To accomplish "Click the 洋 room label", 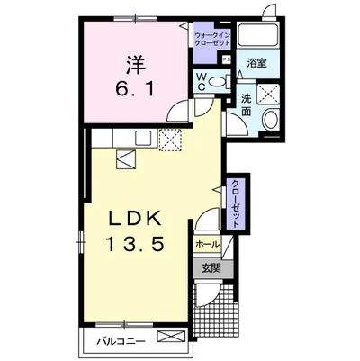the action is [136, 64].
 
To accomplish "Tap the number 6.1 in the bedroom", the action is [136, 88].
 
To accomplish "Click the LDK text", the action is [135, 221].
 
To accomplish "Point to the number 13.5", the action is [135, 243].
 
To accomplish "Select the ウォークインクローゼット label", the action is [211, 39].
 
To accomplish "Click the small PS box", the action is [226, 59].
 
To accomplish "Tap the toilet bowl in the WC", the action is [217, 81].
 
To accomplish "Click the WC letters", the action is [201, 81].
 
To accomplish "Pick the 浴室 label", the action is [257, 63].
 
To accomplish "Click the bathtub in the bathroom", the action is [258, 34].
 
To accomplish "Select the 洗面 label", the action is [247, 104].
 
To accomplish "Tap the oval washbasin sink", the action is [271, 120].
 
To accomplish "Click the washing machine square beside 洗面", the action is [268, 94].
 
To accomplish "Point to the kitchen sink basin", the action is [145, 138].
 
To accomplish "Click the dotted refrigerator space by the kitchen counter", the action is [170, 140].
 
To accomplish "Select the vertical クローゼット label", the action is [237, 203].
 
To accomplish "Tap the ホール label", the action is [207, 245].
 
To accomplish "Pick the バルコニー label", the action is [121, 341].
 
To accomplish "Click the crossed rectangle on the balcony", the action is [172, 336].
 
